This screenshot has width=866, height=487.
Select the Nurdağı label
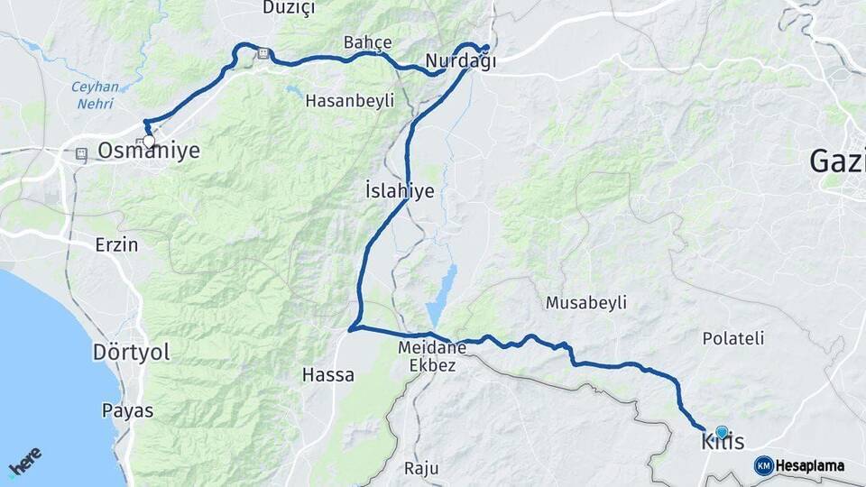(x=461, y=61)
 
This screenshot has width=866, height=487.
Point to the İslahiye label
(x=400, y=191)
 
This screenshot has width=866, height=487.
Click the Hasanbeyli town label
(x=350, y=101)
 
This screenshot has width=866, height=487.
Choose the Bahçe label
(x=368, y=42)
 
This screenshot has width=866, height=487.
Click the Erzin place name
(x=117, y=243)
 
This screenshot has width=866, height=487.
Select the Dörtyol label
(x=131, y=353)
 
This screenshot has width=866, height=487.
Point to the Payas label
(x=127, y=410)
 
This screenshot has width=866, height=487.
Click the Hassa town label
(x=328, y=374)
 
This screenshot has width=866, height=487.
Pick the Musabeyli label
(x=585, y=303)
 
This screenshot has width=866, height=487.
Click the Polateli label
(x=732, y=338)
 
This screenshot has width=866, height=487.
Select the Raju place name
(x=421, y=468)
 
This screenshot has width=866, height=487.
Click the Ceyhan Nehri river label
(x=94, y=94)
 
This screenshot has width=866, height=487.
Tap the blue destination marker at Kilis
(x=722, y=433)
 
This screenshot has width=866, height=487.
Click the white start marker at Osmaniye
(x=149, y=142)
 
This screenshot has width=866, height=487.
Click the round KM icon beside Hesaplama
(x=763, y=465)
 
